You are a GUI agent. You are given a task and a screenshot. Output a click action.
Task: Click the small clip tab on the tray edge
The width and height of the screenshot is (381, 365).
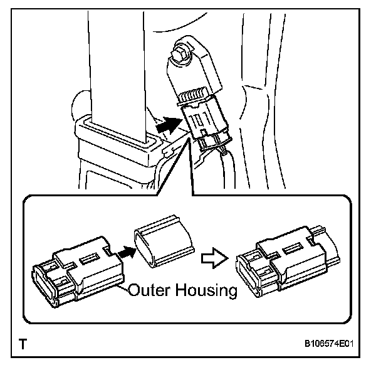(166, 151)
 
